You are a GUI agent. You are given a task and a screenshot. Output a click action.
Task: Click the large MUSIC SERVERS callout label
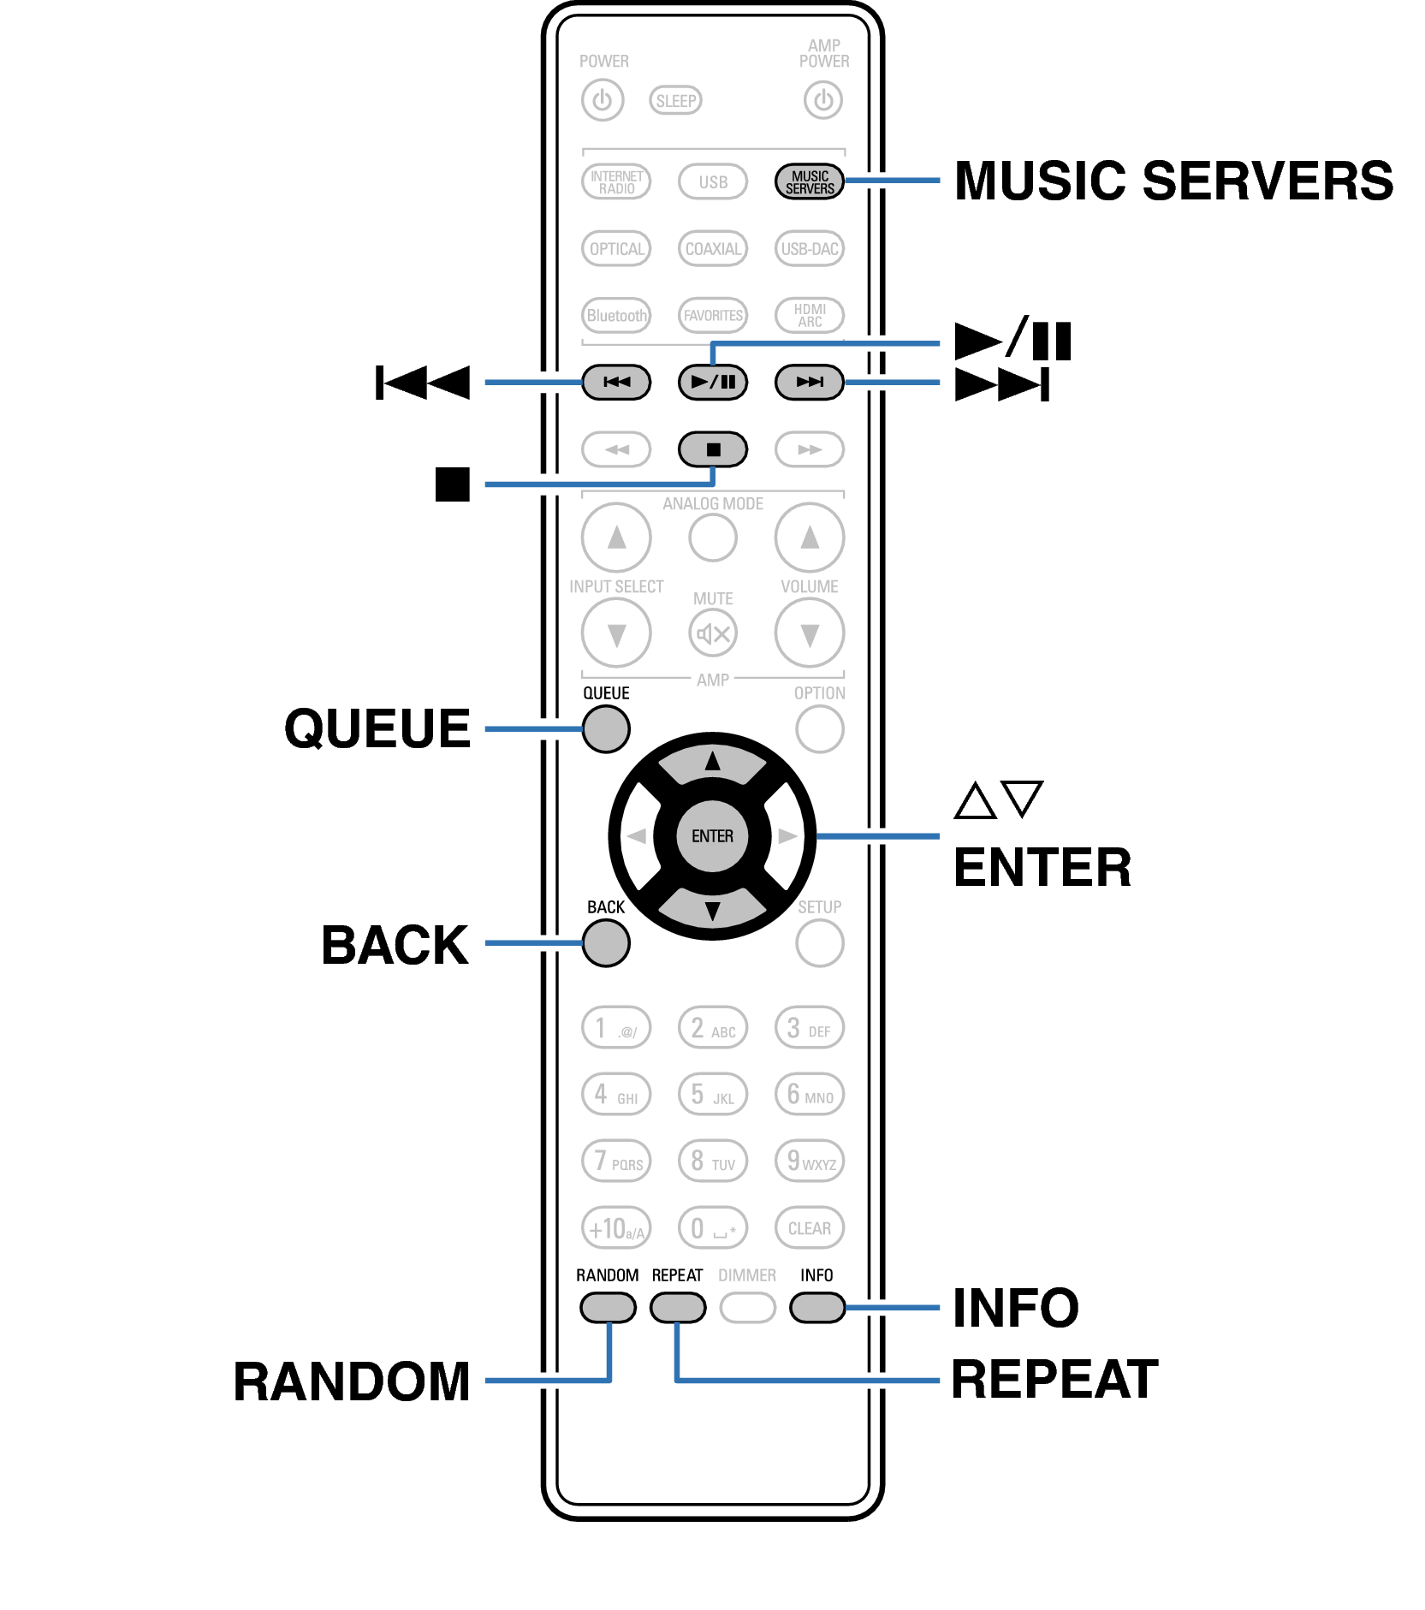tap(1173, 181)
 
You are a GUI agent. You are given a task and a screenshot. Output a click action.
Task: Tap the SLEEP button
tap(675, 101)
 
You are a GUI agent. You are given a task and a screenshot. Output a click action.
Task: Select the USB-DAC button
tap(809, 249)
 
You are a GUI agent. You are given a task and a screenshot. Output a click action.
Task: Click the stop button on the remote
tap(712, 449)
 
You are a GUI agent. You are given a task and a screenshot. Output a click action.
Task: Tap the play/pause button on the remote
tap(712, 382)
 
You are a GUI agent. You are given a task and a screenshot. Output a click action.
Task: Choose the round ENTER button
tap(712, 836)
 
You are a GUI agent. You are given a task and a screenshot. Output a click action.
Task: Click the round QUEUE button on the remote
tap(606, 729)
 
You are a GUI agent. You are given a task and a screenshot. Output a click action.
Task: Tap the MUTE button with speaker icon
tap(712, 633)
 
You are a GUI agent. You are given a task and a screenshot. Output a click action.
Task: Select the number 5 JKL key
tap(712, 1095)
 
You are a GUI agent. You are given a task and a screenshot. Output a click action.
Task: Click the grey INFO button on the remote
tap(817, 1307)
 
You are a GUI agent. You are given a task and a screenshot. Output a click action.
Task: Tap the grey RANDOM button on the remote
tap(608, 1307)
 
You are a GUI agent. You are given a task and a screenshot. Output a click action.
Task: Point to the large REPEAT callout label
tap(1054, 1380)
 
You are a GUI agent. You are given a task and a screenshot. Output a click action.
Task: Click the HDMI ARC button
tap(809, 315)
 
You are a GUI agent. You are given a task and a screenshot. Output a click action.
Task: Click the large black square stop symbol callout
tap(453, 484)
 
